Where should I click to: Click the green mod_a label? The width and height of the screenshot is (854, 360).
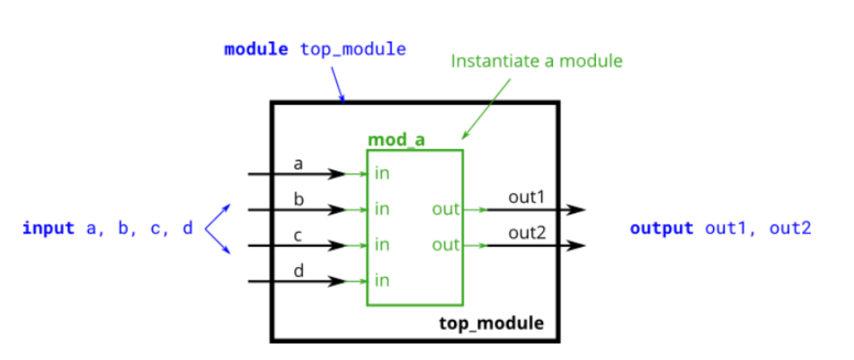pyautogui.click(x=396, y=140)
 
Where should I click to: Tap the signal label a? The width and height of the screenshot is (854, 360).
pyautogui.click(x=298, y=164)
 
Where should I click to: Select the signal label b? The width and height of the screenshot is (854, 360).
pyautogui.click(x=298, y=199)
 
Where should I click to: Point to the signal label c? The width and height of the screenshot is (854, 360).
pyautogui.click(x=298, y=235)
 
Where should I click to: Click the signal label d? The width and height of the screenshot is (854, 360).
pyautogui.click(x=298, y=270)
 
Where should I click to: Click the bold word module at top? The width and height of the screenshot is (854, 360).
pyautogui.click(x=256, y=49)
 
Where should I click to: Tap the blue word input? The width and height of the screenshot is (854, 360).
pyautogui.click(x=49, y=228)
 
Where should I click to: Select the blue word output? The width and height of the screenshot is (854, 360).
pyautogui.click(x=661, y=228)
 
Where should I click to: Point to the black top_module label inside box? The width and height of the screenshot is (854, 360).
pyautogui.click(x=491, y=323)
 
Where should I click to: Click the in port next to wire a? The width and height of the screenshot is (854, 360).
pyautogui.click(x=382, y=173)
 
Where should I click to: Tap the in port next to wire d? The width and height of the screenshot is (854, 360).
pyautogui.click(x=382, y=281)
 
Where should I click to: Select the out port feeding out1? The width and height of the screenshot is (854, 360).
pyautogui.click(x=446, y=209)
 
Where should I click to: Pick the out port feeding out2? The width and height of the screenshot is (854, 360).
pyautogui.click(x=446, y=245)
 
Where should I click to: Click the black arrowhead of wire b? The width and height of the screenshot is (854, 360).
pyautogui.click(x=337, y=210)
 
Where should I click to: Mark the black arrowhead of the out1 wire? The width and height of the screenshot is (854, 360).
pyautogui.click(x=576, y=209)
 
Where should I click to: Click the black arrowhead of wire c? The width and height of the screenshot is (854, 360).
pyautogui.click(x=337, y=245)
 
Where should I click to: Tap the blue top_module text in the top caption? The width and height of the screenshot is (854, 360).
pyautogui.click(x=353, y=49)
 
